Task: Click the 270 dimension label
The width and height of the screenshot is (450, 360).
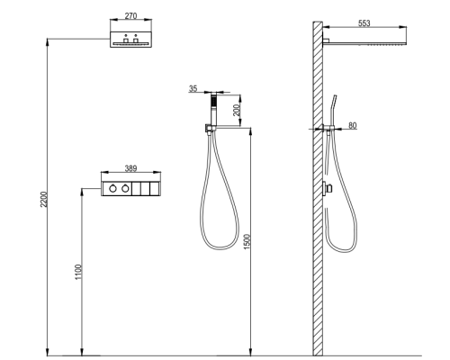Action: tap(130, 15)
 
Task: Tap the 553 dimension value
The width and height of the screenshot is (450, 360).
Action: tap(364, 23)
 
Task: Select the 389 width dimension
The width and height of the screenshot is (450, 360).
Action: tap(130, 168)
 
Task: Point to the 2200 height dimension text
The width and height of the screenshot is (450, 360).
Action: tap(44, 199)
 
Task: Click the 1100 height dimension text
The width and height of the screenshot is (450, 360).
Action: tap(78, 272)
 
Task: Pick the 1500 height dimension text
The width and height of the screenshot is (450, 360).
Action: tap(247, 241)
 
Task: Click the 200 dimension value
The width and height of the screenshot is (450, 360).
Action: tap(237, 110)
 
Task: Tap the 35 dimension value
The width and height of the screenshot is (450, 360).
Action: tap(193, 88)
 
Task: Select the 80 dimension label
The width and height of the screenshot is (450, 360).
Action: tap(353, 125)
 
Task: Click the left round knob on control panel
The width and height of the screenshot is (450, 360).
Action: tap(112, 188)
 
